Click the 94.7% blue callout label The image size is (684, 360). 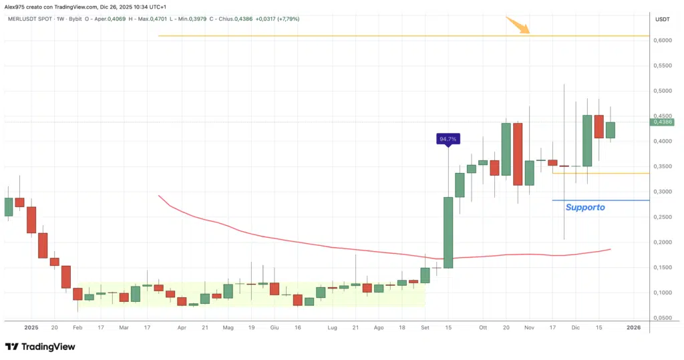[x=448, y=139]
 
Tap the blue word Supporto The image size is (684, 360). [x=585, y=208]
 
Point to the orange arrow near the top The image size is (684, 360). [x=518, y=25]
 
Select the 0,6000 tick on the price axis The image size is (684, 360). [x=662, y=41]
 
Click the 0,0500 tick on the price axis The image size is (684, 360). [x=662, y=318]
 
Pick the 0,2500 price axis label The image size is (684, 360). [x=662, y=217]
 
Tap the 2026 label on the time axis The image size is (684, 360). [x=634, y=328]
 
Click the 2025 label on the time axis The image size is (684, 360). [x=31, y=328]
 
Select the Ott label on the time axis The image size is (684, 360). [x=482, y=328]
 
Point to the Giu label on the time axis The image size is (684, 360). [x=274, y=328]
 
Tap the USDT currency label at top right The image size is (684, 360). [x=663, y=19]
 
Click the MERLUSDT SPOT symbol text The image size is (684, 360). [x=29, y=19]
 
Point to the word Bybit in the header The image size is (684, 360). [x=79, y=19]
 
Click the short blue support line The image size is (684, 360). [x=601, y=200]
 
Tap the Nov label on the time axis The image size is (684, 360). [x=529, y=328]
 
